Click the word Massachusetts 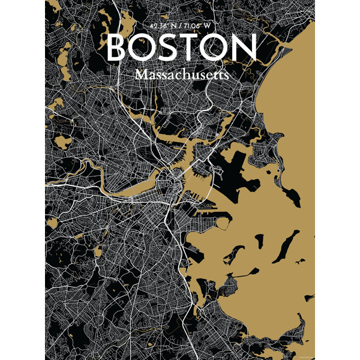coord(182,74)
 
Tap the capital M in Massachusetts coord(142,74)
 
